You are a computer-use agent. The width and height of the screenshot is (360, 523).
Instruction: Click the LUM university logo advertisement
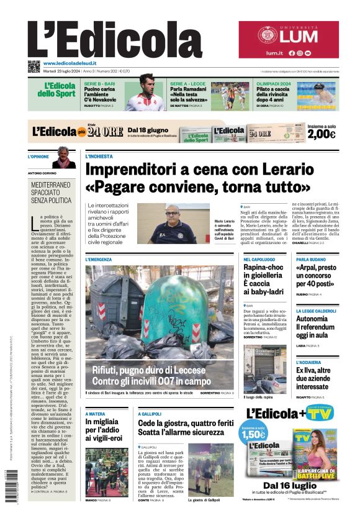289,39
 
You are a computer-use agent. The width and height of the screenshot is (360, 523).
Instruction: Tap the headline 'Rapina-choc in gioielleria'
263,279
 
